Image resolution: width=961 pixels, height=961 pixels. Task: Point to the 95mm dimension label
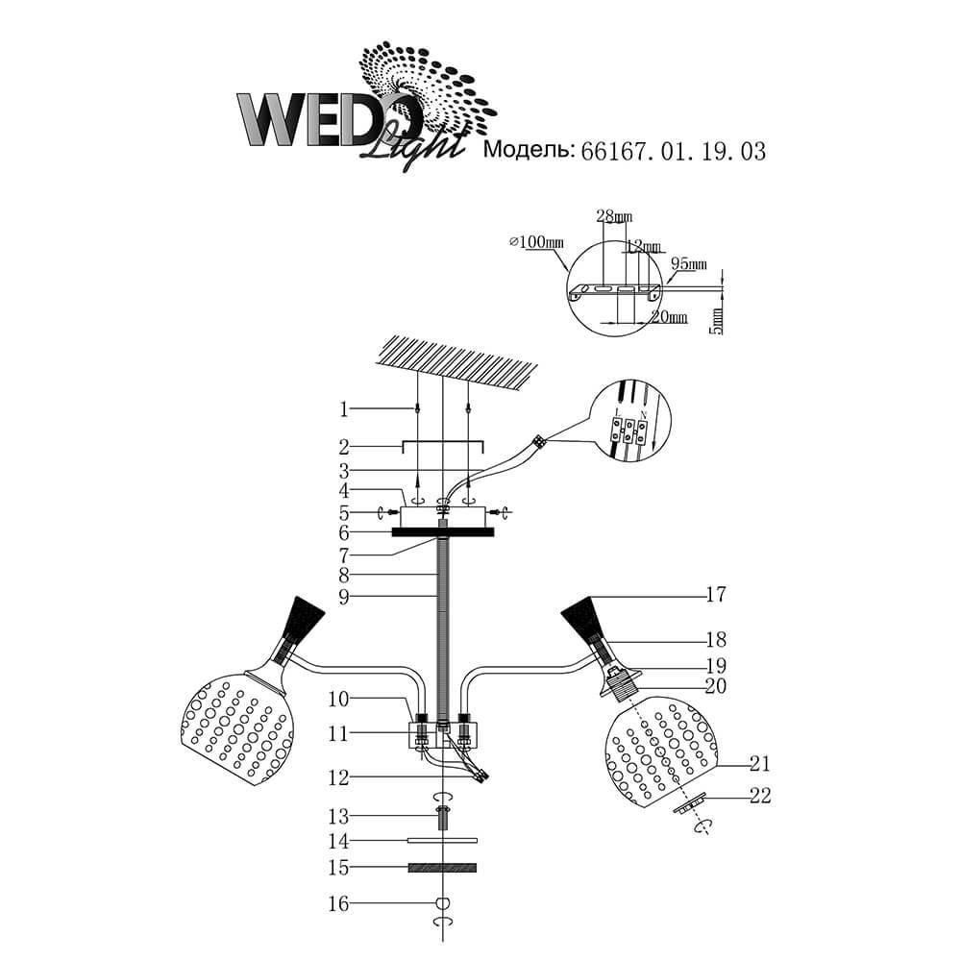(x=688, y=263)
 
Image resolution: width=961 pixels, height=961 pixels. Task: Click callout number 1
(x=343, y=409)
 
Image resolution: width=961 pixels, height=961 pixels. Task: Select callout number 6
(x=343, y=532)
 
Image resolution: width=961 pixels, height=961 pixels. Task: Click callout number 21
(x=760, y=764)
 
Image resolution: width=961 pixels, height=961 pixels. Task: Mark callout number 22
(x=760, y=795)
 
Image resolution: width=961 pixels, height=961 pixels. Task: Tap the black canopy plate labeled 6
(x=443, y=532)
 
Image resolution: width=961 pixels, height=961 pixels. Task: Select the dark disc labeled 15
(x=442, y=868)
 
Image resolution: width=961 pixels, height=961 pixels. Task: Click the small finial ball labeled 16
(x=443, y=902)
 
